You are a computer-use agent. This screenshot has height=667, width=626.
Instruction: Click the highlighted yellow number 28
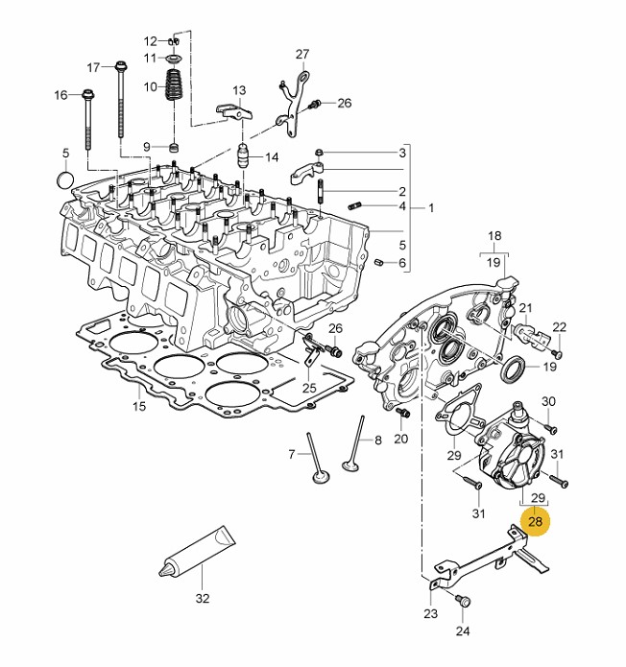[535, 521]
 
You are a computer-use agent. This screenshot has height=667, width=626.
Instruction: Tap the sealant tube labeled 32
[197, 551]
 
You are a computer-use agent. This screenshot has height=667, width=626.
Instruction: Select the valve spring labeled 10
[173, 84]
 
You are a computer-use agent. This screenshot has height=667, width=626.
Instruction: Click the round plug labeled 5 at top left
[65, 179]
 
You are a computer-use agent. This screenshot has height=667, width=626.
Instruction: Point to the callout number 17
[94, 67]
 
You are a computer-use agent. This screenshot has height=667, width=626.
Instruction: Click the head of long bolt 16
[88, 94]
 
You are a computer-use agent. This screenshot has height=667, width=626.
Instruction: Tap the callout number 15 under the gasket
[139, 406]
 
